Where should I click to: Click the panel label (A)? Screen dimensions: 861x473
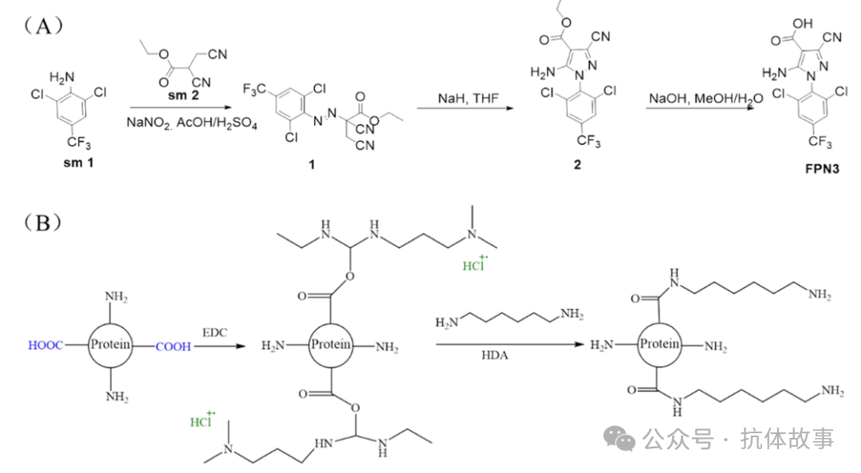coord(43,25)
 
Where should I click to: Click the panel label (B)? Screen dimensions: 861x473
coord(43,223)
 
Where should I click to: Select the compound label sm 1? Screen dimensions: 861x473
coord(78,162)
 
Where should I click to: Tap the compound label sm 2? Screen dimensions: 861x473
coord(183,95)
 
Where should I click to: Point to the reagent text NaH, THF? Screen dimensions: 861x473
coord(468,98)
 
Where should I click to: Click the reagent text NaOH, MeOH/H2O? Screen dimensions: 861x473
coord(706,99)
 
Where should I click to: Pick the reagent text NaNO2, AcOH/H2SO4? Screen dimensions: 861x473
coord(191,123)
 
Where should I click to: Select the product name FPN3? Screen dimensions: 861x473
coord(822,169)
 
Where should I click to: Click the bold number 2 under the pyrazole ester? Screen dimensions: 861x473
coord(577,165)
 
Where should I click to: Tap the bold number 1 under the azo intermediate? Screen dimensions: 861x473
coord(312,165)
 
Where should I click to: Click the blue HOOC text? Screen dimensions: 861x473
coord(45,345)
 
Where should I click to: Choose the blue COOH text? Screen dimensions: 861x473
coord(173,346)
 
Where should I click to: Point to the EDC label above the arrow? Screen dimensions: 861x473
coord(214,333)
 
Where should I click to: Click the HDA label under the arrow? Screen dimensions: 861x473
coord(495,356)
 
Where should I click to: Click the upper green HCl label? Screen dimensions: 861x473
coord(474,264)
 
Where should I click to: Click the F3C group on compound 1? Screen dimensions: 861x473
coord(254,89)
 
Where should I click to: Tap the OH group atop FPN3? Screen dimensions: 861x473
coord(802,24)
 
